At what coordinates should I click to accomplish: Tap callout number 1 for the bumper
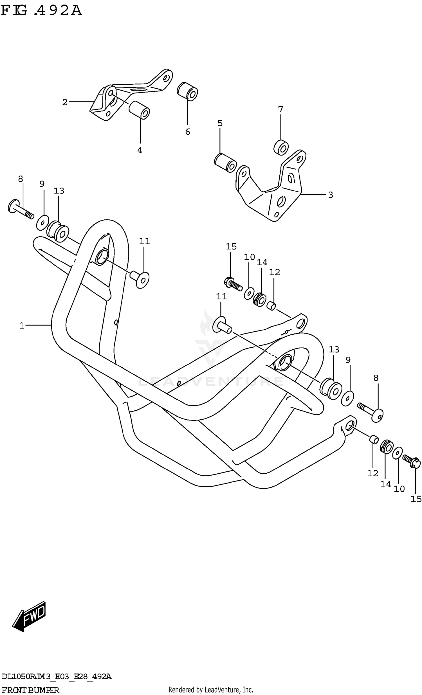coord(22,326)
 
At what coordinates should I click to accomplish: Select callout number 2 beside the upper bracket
coord(65,102)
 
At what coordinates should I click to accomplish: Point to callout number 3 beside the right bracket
coord(331,195)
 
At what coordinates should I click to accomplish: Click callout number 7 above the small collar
coord(280,109)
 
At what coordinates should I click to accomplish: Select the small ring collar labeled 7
coord(281,147)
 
